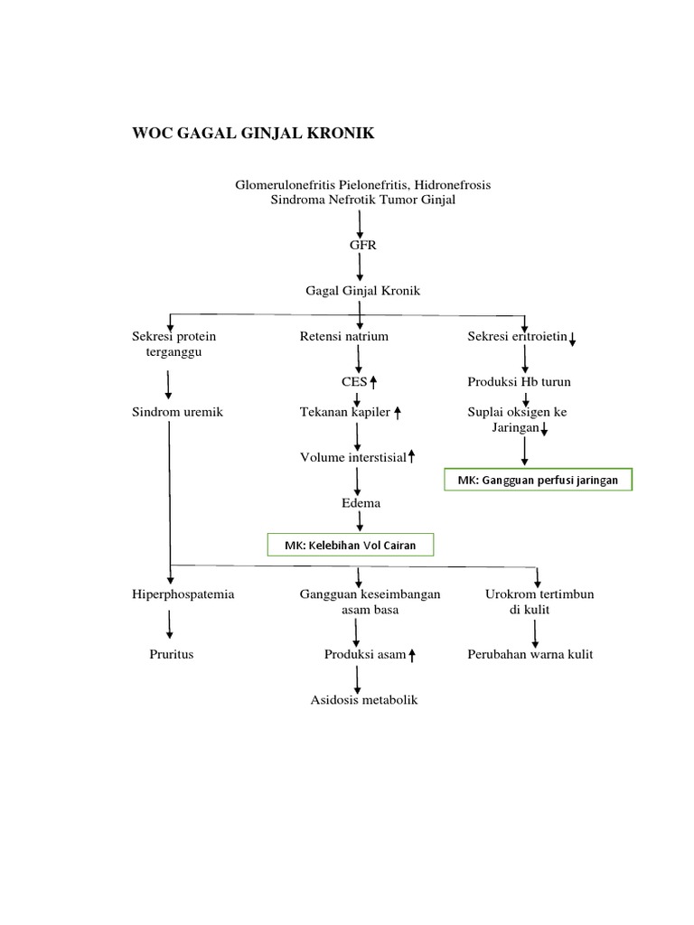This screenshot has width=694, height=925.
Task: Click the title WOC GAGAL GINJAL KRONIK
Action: click(253, 135)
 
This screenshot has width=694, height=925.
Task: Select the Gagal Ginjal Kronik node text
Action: click(362, 291)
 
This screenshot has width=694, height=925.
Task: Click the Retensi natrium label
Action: click(344, 337)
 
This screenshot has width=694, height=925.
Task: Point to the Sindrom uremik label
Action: click(177, 412)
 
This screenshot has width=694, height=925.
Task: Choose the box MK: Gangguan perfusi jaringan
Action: click(538, 481)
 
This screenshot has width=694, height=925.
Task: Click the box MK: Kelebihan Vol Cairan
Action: click(351, 544)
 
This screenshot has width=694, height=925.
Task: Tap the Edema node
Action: click(361, 502)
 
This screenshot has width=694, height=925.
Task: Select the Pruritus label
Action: click(172, 654)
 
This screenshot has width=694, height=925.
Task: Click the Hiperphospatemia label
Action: click(183, 594)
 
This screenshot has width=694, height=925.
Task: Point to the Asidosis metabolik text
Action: click(364, 700)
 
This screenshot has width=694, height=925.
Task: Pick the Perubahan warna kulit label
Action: click(530, 654)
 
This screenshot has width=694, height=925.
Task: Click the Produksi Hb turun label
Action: click(520, 381)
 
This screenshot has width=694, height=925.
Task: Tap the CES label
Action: click(354, 381)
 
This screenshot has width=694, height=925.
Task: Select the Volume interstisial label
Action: click(353, 457)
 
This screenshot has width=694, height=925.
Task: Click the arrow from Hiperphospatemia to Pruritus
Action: click(170, 625)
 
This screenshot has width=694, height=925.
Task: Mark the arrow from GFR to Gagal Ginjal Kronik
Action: click(361, 266)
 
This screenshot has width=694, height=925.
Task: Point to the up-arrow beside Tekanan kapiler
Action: click(398, 413)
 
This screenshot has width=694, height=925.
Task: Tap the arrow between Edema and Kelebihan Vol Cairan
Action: click(361, 521)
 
